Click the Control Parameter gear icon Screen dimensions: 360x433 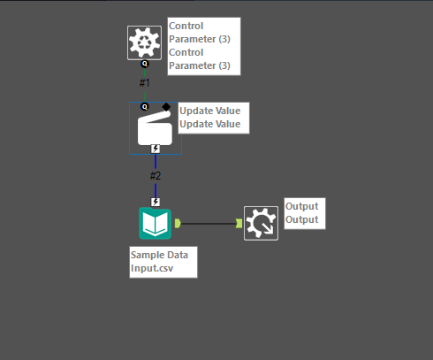(144, 42)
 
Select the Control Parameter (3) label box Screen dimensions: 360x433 (203, 45)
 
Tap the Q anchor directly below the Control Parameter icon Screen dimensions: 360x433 (145, 65)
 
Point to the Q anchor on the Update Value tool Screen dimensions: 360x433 (145, 106)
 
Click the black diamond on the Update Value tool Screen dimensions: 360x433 (166, 106)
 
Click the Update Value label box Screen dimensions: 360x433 (213, 118)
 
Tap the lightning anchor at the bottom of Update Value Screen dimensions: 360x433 (156, 149)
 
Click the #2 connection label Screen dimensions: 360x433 (156, 175)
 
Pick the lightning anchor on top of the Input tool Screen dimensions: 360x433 (156, 202)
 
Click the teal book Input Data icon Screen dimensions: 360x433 (156, 223)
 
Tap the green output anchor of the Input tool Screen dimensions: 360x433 (178, 223)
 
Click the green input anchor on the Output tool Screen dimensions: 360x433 (239, 223)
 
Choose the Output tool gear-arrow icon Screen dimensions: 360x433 (261, 224)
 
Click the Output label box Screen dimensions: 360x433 (303, 213)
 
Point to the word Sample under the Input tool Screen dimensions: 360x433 (147, 254)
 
